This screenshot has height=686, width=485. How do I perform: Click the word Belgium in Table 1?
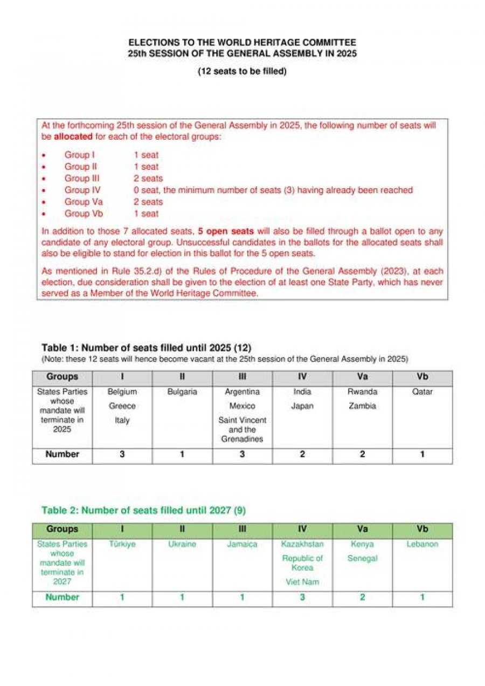click(122, 392)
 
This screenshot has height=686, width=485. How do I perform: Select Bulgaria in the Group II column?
click(182, 392)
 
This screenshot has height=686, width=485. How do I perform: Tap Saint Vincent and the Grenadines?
click(242, 429)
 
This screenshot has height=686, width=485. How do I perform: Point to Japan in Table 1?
click(302, 406)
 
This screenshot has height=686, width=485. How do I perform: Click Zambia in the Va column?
click(362, 406)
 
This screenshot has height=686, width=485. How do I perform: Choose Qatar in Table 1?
click(422, 392)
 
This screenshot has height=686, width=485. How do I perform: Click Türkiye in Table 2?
click(122, 545)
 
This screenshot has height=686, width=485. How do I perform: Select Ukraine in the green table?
click(182, 545)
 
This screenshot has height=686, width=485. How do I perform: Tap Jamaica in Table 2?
click(242, 545)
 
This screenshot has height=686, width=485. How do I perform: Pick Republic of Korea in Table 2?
click(302, 563)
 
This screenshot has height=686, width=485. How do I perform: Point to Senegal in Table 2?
click(362, 559)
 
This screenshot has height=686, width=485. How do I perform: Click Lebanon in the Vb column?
click(422, 545)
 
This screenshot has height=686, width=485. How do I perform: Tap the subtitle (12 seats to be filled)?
click(242, 71)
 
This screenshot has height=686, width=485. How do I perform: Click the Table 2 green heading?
click(144, 510)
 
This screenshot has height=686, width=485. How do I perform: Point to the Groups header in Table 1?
click(62, 377)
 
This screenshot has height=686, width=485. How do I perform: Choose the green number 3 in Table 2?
click(302, 598)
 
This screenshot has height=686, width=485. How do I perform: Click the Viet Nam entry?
click(302, 582)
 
